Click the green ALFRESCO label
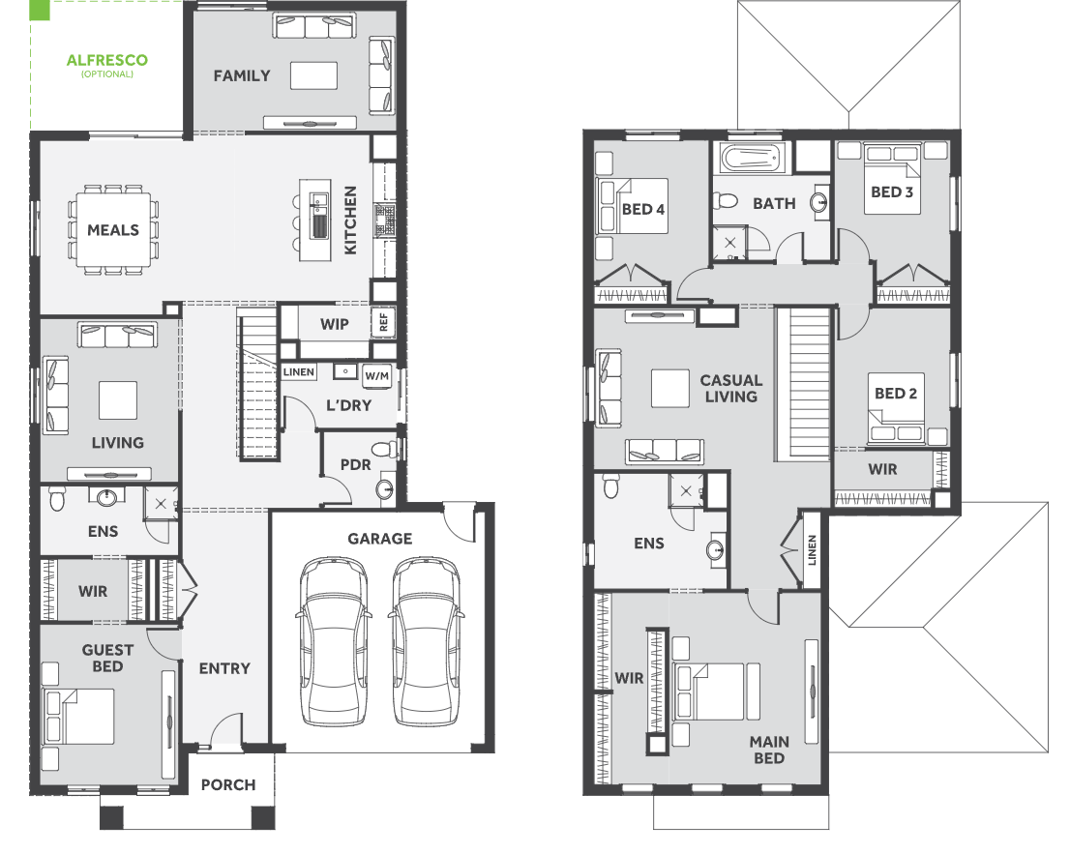point(107,60)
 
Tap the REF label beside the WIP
point(383,323)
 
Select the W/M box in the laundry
point(376,376)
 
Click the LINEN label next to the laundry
point(299,371)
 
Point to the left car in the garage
point(334,642)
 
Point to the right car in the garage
point(426,642)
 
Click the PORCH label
point(228,785)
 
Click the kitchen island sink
point(318,217)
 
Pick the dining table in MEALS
point(113,230)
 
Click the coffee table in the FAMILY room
point(313,75)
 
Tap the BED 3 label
point(891,192)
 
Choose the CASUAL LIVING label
point(730,389)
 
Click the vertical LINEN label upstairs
point(812,549)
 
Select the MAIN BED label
point(769,751)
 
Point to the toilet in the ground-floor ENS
point(57,499)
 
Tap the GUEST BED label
point(107,659)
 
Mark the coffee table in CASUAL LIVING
point(670,388)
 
